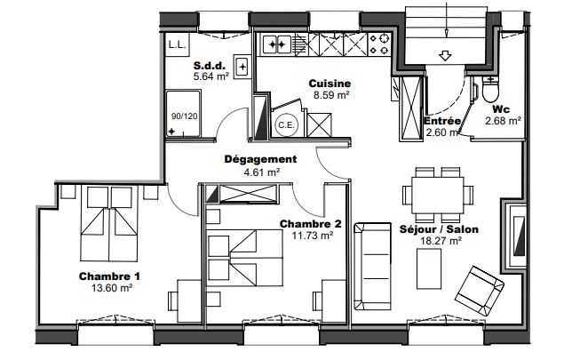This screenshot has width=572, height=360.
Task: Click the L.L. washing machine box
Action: [177, 45]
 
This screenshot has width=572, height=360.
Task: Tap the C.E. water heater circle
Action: [286, 125]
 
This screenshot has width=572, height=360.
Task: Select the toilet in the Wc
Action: [490, 89]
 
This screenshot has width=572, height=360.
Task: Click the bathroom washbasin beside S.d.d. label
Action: [242, 67]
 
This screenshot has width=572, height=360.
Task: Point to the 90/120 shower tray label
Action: [184, 116]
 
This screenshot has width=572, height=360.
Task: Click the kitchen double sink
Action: [276, 44]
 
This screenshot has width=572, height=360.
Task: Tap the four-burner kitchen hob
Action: [379, 44]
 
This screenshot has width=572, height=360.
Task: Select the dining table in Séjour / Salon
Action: [438, 196]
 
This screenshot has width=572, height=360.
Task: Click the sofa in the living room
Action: [372, 266]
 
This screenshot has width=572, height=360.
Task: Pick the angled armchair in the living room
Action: [480, 291]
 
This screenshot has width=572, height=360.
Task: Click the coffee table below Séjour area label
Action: [429, 268]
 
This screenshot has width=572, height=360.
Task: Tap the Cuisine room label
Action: [330, 84]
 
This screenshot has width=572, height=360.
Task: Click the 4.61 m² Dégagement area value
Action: [261, 172]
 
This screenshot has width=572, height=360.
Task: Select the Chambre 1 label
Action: [109, 276]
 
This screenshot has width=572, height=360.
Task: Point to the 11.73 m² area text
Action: [313, 236]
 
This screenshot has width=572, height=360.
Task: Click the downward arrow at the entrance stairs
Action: [445, 56]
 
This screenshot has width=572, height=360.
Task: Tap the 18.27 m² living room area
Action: [441, 241]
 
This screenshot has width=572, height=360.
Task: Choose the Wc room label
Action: [501, 109]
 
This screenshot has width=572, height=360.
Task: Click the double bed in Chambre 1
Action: [109, 224]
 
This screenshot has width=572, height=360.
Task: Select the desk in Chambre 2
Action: [334, 301]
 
